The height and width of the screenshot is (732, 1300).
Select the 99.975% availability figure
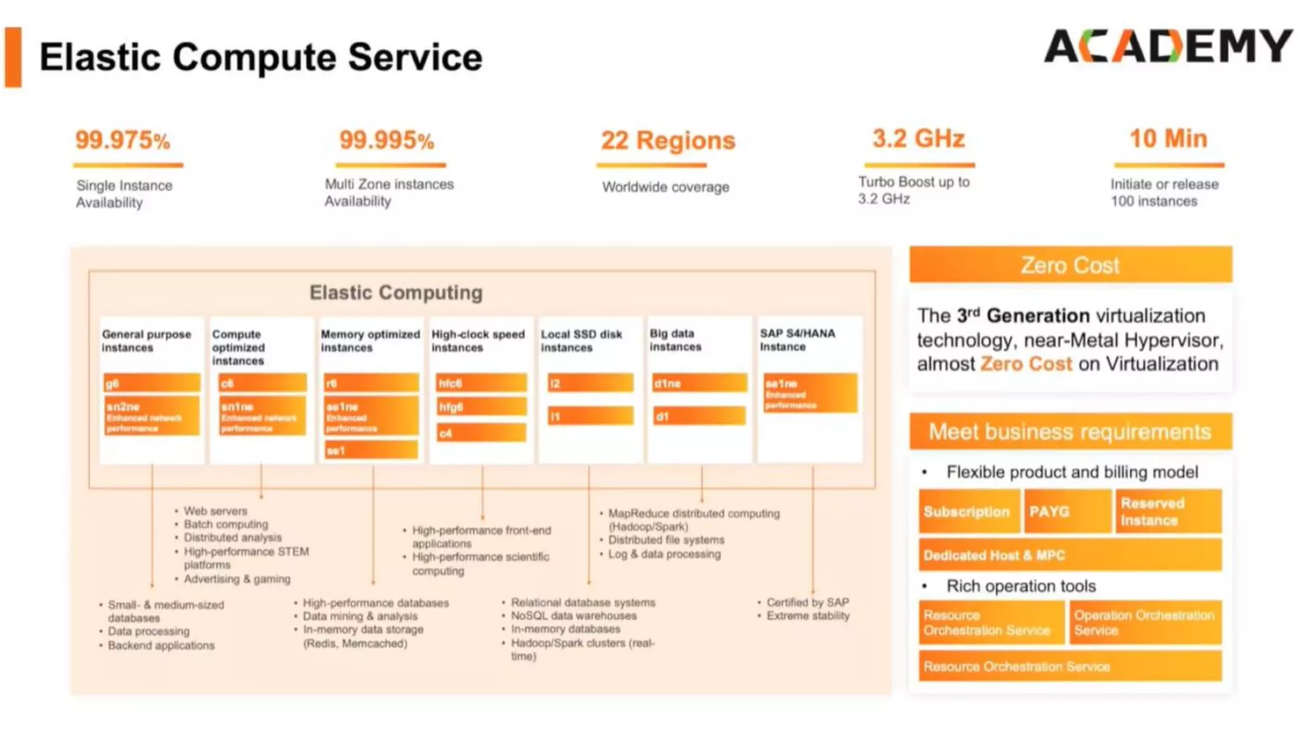click(x=123, y=140)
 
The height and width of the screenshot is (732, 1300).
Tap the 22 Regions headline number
click(x=668, y=140)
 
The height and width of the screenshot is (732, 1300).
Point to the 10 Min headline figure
click(x=1168, y=139)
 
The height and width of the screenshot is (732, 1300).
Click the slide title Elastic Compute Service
click(x=261, y=57)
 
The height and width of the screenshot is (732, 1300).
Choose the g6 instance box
click(x=152, y=383)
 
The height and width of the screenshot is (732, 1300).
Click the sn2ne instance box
click(x=152, y=416)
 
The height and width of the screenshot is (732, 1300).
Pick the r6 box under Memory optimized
click(x=371, y=383)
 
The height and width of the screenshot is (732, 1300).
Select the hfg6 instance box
click(x=481, y=407)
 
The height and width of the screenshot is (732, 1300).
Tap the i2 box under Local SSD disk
click(x=590, y=383)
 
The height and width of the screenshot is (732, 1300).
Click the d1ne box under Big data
click(x=700, y=383)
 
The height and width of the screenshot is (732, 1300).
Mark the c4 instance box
click(x=481, y=433)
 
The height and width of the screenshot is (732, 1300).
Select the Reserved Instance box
click(x=1168, y=512)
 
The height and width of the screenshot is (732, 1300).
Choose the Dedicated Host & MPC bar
click(x=1070, y=555)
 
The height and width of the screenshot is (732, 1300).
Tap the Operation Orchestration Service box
click(x=1145, y=623)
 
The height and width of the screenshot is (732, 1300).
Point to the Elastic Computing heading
click(x=396, y=292)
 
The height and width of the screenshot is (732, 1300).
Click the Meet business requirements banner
click(x=1070, y=432)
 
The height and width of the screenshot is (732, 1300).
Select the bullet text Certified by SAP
click(x=807, y=602)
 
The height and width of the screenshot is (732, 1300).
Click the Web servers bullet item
click(x=215, y=511)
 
